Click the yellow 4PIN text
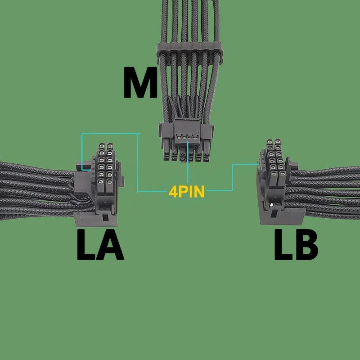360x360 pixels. pyautogui.click(x=186, y=191)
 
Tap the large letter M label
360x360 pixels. pyautogui.click(x=141, y=83)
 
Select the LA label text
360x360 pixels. pyautogui.click(x=99, y=245)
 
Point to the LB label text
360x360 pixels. pyautogui.click(x=297, y=245)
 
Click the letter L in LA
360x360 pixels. pyautogui.click(x=85, y=245)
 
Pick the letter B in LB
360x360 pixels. pyautogui.click(x=308, y=245)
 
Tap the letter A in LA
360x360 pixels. pyautogui.click(x=112, y=245)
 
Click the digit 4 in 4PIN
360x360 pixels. pyautogui.click(x=173, y=191)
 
